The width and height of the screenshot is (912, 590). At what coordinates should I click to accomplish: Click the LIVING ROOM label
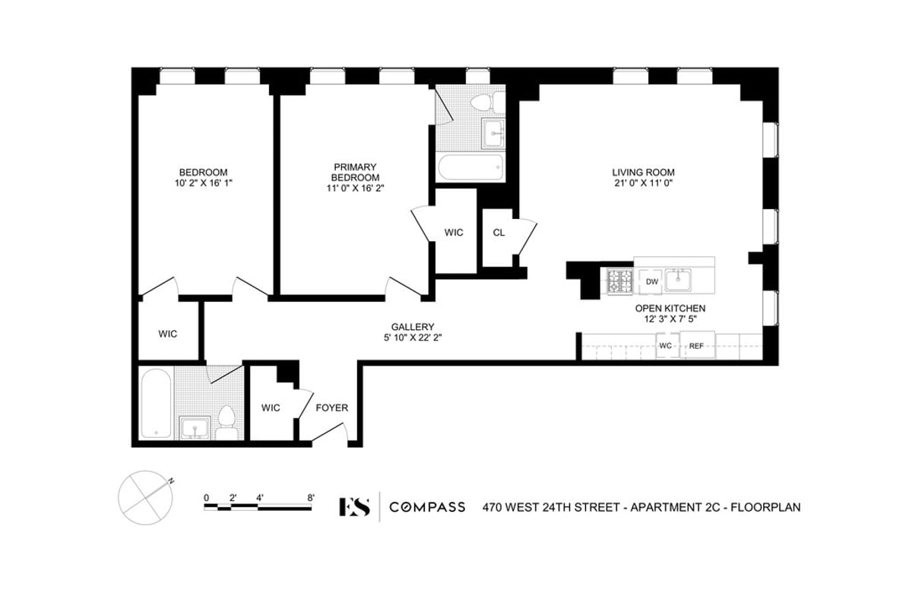644,172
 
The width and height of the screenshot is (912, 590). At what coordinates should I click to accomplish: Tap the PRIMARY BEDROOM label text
355,172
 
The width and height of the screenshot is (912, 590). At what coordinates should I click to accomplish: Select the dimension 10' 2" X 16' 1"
203,183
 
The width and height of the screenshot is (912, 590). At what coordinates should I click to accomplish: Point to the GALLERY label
413,326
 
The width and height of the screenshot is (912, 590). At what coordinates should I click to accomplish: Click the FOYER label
332,408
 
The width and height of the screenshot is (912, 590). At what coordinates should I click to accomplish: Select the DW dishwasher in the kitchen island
651,282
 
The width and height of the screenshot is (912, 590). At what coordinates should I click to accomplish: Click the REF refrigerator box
696,346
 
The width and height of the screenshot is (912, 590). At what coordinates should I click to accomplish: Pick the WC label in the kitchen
666,346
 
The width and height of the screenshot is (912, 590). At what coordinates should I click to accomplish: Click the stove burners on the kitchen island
620,282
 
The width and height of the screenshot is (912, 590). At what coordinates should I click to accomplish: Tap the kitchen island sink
677,281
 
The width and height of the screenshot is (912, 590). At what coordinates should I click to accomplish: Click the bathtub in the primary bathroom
470,167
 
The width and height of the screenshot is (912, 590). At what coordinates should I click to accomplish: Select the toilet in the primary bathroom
483,102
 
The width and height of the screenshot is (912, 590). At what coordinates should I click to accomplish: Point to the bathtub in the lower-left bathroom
156,404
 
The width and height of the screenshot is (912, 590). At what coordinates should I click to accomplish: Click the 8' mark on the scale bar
311,498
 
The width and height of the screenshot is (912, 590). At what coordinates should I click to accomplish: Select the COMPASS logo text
427,507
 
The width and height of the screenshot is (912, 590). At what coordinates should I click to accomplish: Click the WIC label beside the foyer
271,408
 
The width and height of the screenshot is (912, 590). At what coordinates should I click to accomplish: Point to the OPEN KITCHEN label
670,309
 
